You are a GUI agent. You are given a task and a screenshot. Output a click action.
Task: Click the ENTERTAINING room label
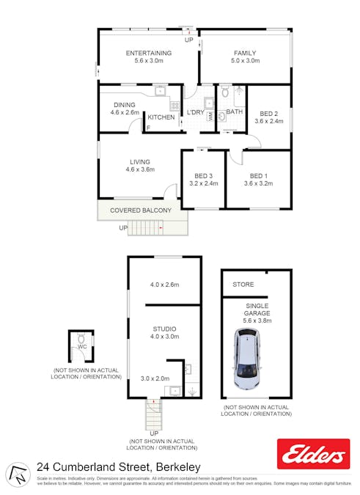coord(149,53)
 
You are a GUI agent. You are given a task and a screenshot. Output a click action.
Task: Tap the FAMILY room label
coord(245,53)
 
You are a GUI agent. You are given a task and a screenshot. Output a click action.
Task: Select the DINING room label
coord(124,105)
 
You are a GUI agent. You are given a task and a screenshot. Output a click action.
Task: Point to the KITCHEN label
coord(161,117)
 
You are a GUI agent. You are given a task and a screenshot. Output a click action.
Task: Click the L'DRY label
coord(195,112)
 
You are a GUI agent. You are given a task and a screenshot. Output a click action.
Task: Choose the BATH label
coord(235,112)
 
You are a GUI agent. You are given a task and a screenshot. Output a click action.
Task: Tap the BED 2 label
coord(268,114)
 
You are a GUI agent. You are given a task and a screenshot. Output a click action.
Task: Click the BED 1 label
coord(259,176)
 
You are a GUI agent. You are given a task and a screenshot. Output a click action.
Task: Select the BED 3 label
coord(203,176)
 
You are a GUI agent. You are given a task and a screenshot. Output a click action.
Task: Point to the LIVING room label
coord(140,162)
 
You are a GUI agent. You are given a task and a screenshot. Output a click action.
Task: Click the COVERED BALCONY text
coord(141,210)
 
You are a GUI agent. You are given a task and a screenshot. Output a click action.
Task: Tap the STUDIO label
coord(164,329)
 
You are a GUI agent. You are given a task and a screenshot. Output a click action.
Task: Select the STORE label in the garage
coord(243,284)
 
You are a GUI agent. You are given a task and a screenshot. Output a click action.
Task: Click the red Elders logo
coord(313,454)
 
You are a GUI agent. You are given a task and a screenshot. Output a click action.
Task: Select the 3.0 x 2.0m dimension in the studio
coord(155,378)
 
